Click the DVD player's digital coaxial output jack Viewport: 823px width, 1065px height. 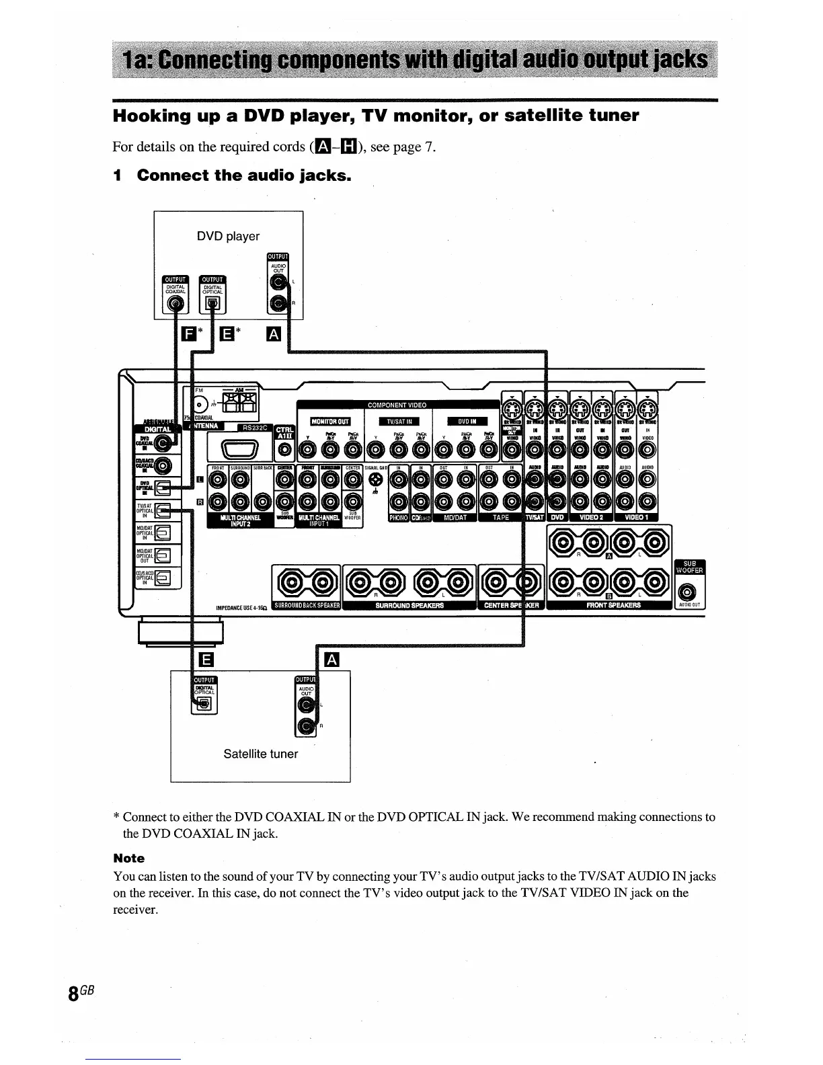[x=176, y=305]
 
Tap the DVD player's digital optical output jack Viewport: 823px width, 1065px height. [x=212, y=305]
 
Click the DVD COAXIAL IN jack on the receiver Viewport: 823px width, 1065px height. [x=163, y=442]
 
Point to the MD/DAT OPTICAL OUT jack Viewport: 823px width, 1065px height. [x=163, y=555]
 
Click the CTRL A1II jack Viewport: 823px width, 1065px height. [x=285, y=449]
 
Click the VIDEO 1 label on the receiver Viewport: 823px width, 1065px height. [x=635, y=518]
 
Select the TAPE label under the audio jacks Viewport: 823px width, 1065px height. [x=501, y=518]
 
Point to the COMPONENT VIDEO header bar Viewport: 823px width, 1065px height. [x=397, y=405]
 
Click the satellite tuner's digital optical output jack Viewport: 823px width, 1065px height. [x=205, y=703]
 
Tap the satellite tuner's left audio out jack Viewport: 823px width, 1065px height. [x=307, y=705]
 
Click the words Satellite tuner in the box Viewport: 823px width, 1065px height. [x=260, y=754]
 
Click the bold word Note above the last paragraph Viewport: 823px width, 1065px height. [x=128, y=858]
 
